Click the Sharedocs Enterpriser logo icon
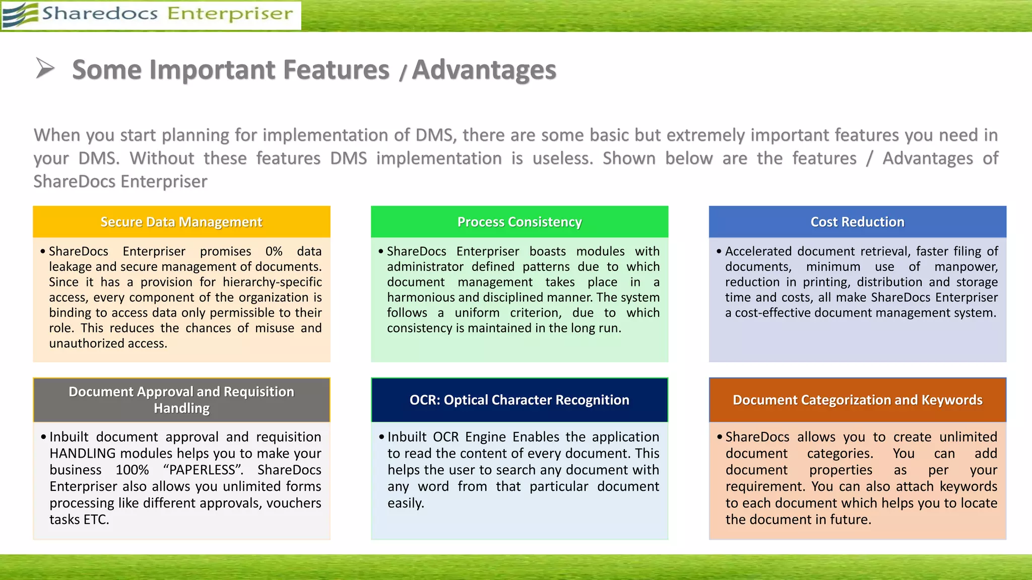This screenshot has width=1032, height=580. coord(20,15)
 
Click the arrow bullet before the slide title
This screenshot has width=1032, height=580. coord(45,68)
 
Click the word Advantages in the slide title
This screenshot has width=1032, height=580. coord(484,70)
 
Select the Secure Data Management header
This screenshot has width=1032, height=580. coord(181,222)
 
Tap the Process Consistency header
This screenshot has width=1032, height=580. coord(520,222)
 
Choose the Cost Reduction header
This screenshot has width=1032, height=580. coord(857,222)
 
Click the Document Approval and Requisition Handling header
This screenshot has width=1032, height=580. coord(181,400)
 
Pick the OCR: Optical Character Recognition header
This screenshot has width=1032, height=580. coord(520,400)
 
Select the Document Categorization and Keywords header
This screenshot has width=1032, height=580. coord(857,400)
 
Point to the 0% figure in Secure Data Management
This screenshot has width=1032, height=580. coord(274,251)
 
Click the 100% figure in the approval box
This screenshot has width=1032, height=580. coord(132,470)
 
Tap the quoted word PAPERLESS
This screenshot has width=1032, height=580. coord(203,470)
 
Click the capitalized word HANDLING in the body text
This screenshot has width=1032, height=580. coord(83,453)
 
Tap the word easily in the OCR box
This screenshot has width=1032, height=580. coord(405,503)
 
